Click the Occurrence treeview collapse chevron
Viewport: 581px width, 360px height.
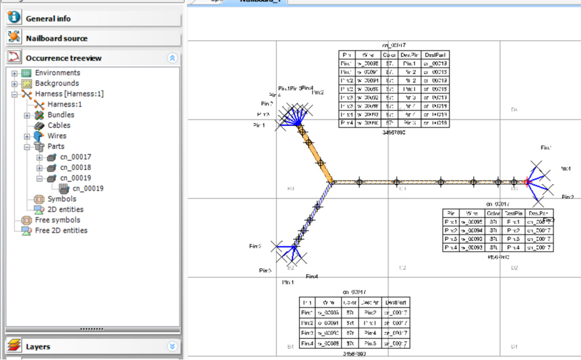172,58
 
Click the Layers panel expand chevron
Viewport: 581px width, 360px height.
172,346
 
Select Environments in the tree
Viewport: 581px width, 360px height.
57,73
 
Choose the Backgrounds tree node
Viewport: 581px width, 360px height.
57,83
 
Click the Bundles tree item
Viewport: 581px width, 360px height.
60,115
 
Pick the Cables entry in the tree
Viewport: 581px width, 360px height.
59,125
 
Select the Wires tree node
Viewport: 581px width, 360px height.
57,136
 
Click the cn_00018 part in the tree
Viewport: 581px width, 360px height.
76,168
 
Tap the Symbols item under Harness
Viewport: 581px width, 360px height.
62,199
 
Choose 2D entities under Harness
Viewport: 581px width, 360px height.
66,210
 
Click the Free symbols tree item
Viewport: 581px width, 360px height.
58,220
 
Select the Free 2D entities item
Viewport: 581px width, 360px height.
61,231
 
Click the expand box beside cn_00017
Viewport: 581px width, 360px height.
39,158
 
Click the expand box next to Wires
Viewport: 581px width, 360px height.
27,137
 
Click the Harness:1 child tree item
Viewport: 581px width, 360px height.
64,104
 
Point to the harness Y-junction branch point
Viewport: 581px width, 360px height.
331,182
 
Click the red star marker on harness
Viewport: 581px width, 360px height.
526,181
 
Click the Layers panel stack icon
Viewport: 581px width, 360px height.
14,346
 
